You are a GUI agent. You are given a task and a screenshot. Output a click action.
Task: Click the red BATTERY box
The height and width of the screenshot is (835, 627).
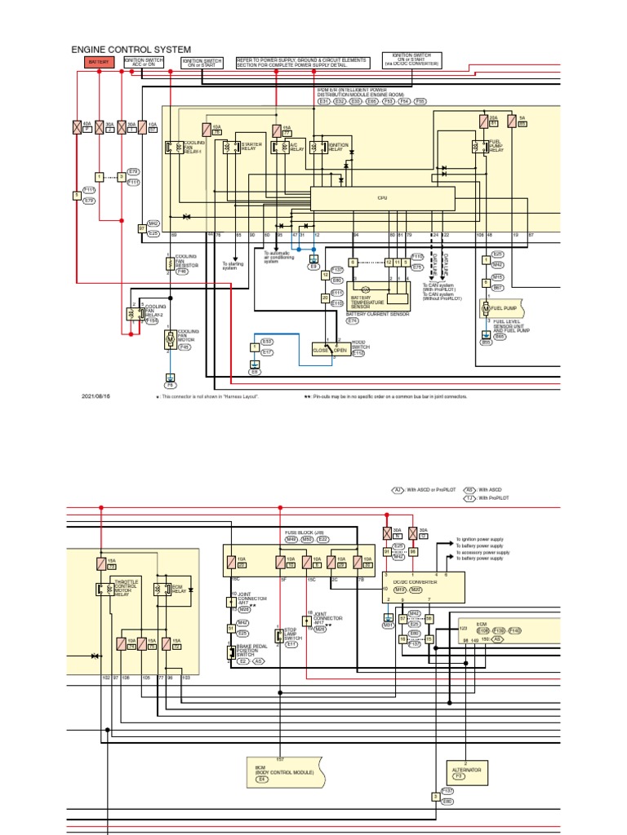pos(98,61)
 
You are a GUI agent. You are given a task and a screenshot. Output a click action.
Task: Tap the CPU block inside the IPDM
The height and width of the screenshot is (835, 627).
pos(381,198)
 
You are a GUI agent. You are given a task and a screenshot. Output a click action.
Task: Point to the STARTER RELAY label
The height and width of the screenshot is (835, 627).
pos(251,147)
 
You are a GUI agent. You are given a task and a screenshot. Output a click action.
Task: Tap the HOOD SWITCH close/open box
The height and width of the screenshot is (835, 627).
pos(331,350)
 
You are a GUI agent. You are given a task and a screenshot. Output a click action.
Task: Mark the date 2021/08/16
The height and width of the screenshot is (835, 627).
pos(96,396)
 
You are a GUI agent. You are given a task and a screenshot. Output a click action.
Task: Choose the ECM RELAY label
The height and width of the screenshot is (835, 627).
pos(172,589)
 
